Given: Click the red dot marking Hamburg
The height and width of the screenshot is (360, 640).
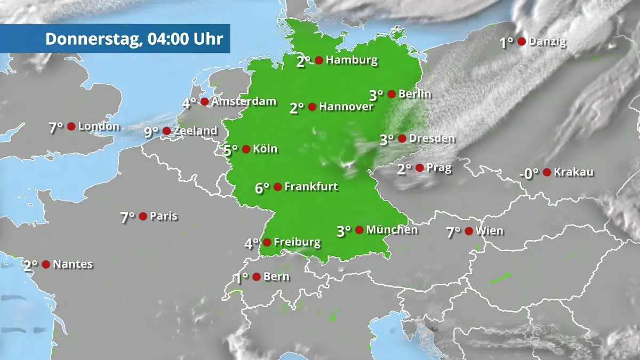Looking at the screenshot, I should [x=319, y=60].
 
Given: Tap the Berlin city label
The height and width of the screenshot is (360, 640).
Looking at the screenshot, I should [x=414, y=94].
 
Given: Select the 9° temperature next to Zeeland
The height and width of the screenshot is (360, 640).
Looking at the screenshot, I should [x=151, y=132].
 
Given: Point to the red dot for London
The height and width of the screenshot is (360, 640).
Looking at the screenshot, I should [x=71, y=126].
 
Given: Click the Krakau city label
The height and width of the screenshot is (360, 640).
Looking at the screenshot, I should [x=573, y=172].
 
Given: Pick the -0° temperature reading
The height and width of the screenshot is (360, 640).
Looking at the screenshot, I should [x=529, y=173].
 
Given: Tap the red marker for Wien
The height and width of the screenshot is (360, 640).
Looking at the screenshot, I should [x=468, y=231].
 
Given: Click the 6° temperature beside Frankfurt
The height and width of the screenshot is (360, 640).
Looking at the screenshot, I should [x=262, y=188].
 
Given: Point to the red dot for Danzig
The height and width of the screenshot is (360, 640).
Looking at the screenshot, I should [x=522, y=42].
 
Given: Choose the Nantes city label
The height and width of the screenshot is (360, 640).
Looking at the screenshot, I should [x=73, y=264].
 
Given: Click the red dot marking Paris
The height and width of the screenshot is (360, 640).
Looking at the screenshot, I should [x=143, y=216].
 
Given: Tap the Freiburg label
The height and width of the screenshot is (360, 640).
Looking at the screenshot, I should [x=297, y=243].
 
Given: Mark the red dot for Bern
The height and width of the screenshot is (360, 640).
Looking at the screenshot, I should [x=257, y=277].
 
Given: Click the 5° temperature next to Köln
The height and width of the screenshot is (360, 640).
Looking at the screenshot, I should [x=231, y=150].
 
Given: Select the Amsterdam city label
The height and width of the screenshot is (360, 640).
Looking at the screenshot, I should [x=244, y=101].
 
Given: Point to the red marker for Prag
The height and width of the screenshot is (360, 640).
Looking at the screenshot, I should [x=420, y=168].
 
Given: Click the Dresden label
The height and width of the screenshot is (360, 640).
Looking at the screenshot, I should [x=432, y=139].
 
